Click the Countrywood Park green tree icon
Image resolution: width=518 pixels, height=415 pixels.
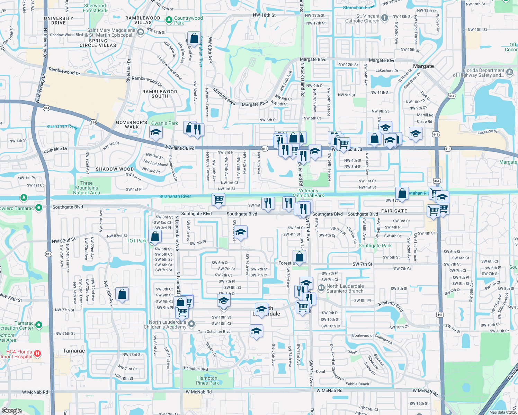[x=169, y=20]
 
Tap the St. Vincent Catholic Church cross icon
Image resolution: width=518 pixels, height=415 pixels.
[x=384, y=18]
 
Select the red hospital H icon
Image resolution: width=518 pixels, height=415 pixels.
[x=38, y=354]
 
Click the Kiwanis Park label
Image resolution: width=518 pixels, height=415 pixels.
[x=164, y=123]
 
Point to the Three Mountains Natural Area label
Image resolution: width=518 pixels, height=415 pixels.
[x=87, y=188]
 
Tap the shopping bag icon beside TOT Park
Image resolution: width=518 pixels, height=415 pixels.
[x=155, y=236]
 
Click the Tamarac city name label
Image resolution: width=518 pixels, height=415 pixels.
[x=74, y=351]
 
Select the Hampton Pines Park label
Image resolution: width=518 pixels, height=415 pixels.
[x=207, y=380]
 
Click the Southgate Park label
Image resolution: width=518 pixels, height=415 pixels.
[x=375, y=246]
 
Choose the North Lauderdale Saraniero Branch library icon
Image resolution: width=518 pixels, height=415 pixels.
[x=321, y=287]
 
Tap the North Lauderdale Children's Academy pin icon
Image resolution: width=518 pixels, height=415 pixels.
[x=191, y=324]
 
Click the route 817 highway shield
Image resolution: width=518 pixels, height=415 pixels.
[x=48, y=254]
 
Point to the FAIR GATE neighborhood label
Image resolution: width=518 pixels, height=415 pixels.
[x=394, y=211]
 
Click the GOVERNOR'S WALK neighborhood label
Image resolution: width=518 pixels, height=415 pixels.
[x=132, y=124]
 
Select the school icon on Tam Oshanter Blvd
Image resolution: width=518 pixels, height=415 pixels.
[x=256, y=331]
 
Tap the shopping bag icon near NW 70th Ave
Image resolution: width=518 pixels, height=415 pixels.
[x=122, y=294]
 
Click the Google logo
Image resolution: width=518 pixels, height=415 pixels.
[x=11, y=411]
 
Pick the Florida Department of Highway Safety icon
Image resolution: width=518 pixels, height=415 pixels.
[x=509, y=72]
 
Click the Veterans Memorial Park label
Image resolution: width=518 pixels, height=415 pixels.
[x=308, y=193]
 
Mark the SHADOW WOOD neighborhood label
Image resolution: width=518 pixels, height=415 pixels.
[x=115, y=169]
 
